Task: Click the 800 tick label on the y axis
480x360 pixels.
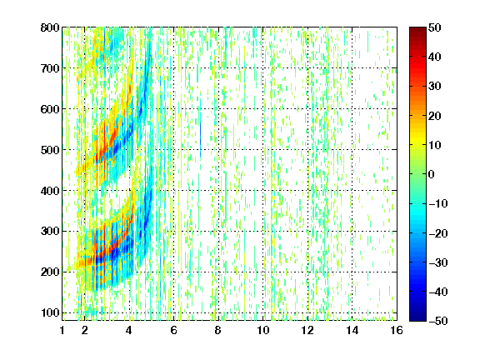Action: pyautogui.click(x=50, y=27)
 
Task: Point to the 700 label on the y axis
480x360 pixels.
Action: pyautogui.click(x=50, y=68)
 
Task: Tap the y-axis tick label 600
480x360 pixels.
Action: pyautogui.click(x=50, y=109)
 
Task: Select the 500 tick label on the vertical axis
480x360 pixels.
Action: pyautogui.click(x=50, y=150)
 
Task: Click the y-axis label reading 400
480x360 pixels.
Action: pyautogui.click(x=50, y=191)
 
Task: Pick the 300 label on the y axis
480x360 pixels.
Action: pyautogui.click(x=50, y=232)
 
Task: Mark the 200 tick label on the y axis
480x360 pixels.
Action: pyautogui.click(x=50, y=272)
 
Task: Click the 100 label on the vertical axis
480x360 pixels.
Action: pyautogui.click(x=50, y=312)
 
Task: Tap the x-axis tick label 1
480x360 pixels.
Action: pyautogui.click(x=62, y=330)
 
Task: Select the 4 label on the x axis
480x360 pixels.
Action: pyautogui.click(x=129, y=330)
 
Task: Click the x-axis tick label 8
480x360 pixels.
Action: pyautogui.click(x=218, y=330)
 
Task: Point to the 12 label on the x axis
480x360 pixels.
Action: pyautogui.click(x=307, y=330)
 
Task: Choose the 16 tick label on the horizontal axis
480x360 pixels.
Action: pyautogui.click(x=397, y=330)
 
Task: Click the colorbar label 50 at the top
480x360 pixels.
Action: pyautogui.click(x=435, y=27)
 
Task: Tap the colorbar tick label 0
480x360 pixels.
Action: pyautogui.click(x=432, y=174)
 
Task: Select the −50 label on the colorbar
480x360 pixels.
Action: pyautogui.click(x=438, y=321)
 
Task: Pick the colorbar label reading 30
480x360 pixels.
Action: pyautogui.click(x=435, y=87)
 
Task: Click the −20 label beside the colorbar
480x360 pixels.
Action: pyautogui.click(x=438, y=233)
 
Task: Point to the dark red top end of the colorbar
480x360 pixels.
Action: pyautogui.click(x=417, y=29)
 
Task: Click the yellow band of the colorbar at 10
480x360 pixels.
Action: pyautogui.click(x=417, y=145)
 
